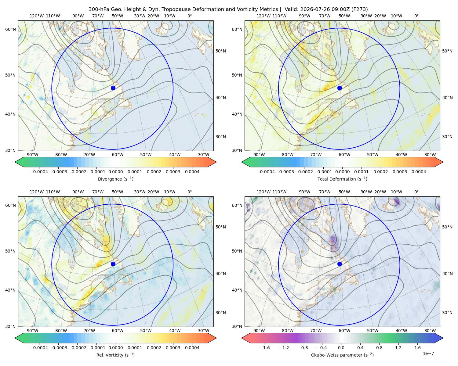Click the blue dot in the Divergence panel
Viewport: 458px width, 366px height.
[113, 88]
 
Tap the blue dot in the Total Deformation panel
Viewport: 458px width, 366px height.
[340, 88]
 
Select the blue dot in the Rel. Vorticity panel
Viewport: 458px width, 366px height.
[113, 264]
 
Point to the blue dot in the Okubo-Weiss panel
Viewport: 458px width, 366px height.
[340, 264]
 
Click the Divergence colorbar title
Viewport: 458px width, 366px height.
[115, 179]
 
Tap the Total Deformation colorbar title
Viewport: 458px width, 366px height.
[342, 179]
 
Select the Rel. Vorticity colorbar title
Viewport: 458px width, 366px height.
[115, 355]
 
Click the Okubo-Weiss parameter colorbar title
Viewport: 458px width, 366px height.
[342, 355]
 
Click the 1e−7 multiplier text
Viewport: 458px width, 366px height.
[428, 353]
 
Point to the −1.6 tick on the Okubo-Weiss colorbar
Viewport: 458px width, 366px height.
[265, 348]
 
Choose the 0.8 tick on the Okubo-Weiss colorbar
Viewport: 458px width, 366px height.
[379, 348]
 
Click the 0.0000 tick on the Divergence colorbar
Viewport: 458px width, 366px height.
[115, 172]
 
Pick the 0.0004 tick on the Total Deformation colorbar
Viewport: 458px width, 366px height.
[419, 172]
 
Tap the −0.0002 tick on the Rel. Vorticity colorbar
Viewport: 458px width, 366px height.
[77, 348]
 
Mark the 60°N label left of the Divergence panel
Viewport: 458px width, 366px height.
[10, 29]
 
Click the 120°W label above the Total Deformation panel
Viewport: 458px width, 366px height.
[263, 16]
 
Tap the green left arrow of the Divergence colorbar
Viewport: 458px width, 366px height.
[19, 162]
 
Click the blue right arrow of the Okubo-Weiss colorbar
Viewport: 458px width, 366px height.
[439, 338]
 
